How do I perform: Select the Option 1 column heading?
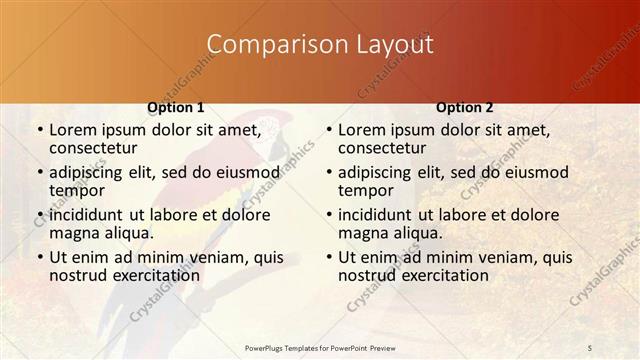coord(176,107)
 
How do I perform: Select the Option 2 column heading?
coord(465,107)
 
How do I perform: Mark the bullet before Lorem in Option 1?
coord(39,130)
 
